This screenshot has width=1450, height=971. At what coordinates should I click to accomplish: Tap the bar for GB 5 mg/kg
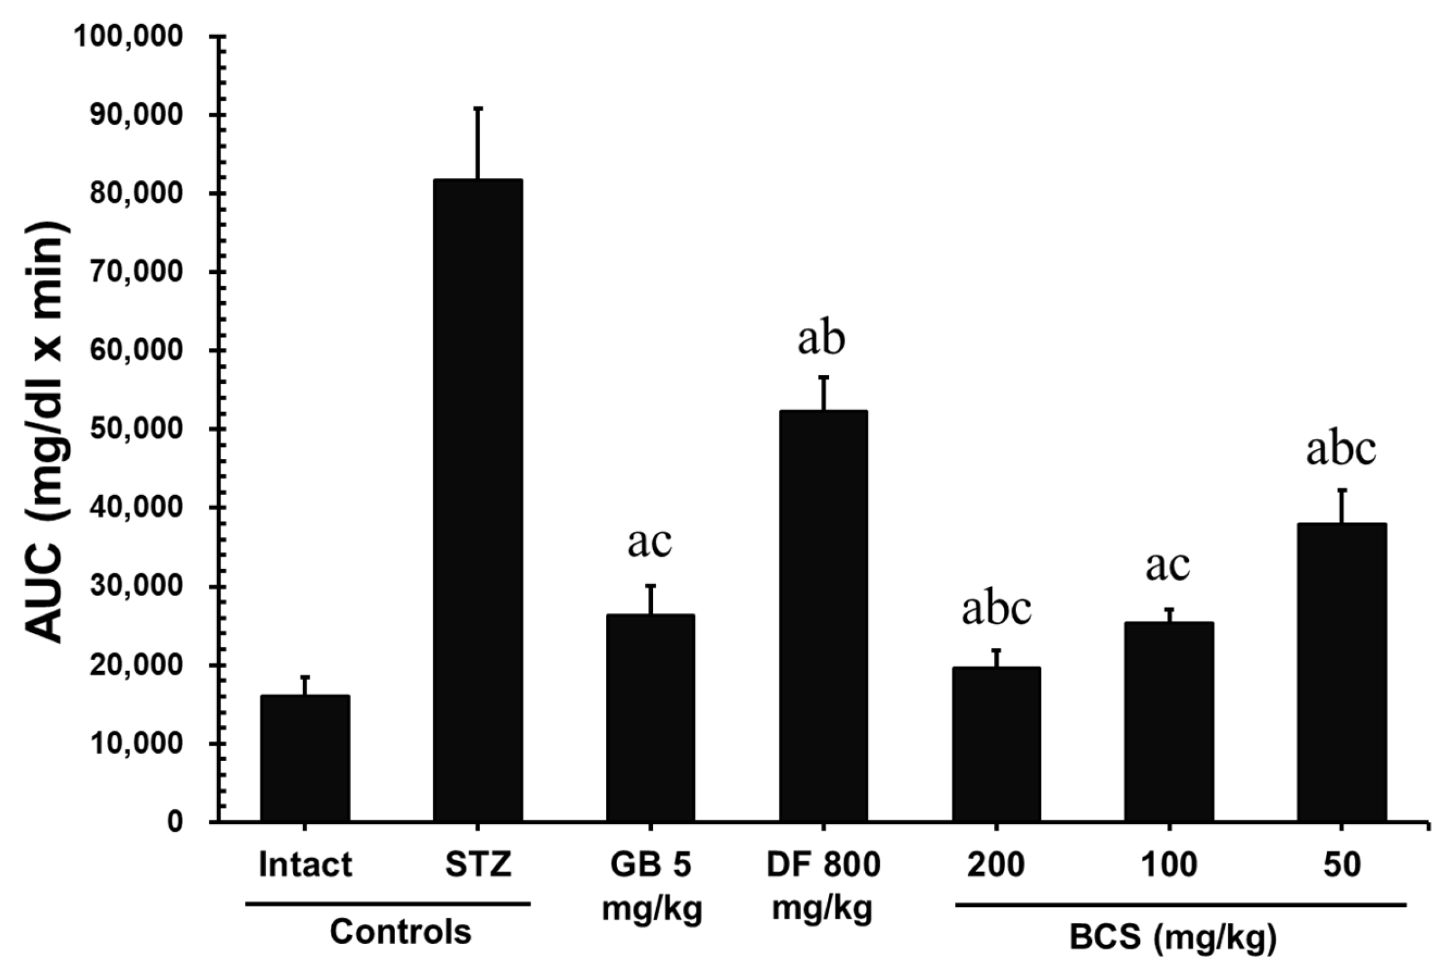pyautogui.click(x=650, y=718)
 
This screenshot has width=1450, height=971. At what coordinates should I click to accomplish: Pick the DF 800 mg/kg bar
pyautogui.click(x=823, y=616)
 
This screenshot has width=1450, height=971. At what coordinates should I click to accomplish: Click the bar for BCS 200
pyautogui.click(x=996, y=744)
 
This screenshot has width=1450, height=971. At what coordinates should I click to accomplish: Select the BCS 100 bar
pyautogui.click(x=1169, y=722)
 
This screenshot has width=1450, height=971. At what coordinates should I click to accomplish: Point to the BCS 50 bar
pyautogui.click(x=1341, y=673)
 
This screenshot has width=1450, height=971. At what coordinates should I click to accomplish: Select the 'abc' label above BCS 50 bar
pyautogui.click(x=1341, y=449)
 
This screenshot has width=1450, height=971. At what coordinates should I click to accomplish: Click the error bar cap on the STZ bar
pyautogui.click(x=478, y=109)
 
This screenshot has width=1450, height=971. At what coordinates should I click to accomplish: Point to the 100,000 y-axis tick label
pyautogui.click(x=129, y=36)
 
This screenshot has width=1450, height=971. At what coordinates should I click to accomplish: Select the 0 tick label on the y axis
pyautogui.click(x=175, y=822)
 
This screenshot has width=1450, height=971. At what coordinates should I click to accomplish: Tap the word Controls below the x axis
pyautogui.click(x=400, y=932)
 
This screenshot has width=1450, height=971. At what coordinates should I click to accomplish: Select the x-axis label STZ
pyautogui.click(x=478, y=865)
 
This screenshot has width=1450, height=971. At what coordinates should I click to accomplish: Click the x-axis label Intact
pyautogui.click(x=305, y=865)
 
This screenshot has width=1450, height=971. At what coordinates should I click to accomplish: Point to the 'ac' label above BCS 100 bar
pyautogui.click(x=1168, y=565)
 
